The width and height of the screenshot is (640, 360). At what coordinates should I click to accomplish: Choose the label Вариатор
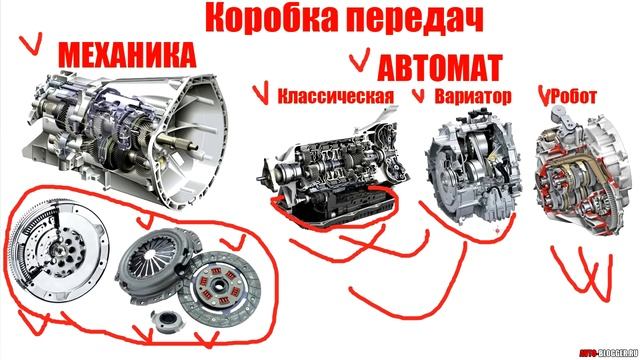pos(474,97)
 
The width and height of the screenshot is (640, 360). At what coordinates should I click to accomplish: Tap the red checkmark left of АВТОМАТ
pos(357,63)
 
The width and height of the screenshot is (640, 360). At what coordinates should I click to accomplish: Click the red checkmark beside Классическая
pos(262,95)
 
